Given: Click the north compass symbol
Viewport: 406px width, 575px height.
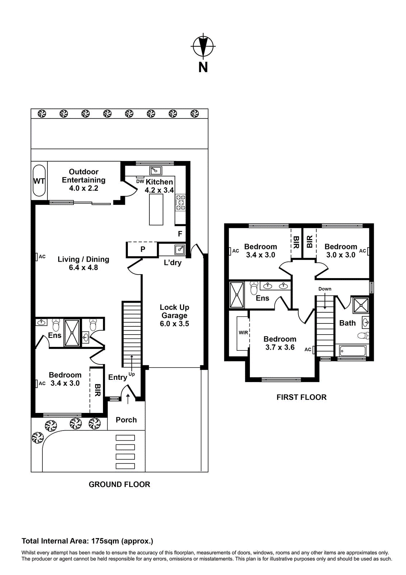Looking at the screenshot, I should [x=203, y=46].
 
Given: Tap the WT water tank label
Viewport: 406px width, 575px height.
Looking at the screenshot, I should [x=39, y=181].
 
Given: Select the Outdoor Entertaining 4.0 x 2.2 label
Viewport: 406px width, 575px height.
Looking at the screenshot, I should [x=84, y=180].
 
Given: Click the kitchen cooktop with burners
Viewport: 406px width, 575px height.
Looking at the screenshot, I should [x=180, y=203].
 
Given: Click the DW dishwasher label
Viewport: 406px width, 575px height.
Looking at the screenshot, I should [x=140, y=181].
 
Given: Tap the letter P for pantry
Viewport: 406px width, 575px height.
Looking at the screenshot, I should [x=143, y=249].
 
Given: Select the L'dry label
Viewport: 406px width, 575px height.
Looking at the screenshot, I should [x=172, y=263].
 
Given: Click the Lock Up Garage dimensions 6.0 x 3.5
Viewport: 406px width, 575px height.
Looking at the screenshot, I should [x=174, y=324].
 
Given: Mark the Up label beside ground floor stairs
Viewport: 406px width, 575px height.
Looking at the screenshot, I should [x=132, y=374].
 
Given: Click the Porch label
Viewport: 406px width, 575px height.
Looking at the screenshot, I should [x=126, y=420].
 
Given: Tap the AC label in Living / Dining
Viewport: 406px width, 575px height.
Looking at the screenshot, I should [x=42, y=257].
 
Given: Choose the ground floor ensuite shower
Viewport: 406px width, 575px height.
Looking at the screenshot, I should [x=72, y=333].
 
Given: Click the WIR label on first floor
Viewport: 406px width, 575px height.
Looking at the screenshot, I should [x=243, y=332].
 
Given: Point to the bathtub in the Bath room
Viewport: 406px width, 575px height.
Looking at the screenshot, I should [x=353, y=351].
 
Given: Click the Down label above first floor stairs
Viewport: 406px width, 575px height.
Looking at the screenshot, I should [x=325, y=289].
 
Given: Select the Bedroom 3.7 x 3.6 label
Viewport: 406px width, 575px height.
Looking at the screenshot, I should [x=280, y=343].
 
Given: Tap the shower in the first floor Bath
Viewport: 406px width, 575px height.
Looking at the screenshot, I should [x=360, y=305].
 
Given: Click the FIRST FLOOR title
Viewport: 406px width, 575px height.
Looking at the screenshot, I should [x=302, y=397].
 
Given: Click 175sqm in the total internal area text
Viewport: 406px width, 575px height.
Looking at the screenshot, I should [x=105, y=541].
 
